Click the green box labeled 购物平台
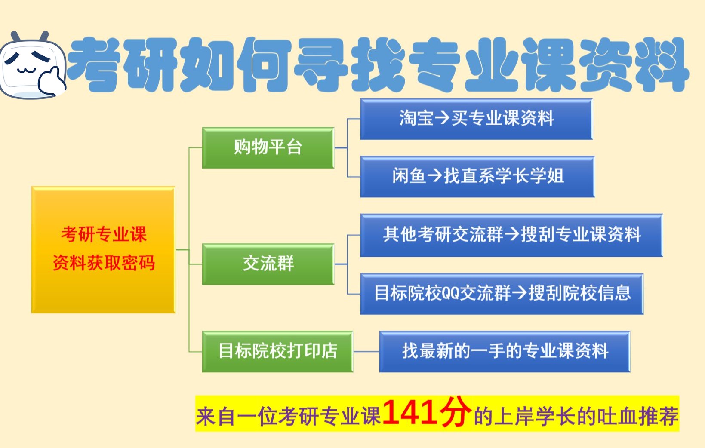268,147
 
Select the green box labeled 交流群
268,264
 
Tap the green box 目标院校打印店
277,351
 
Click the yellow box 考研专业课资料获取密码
103,249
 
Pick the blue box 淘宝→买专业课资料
476,119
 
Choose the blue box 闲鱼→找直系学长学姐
477,176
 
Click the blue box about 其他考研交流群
511,235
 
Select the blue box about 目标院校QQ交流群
502,293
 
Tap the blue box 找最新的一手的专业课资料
505,351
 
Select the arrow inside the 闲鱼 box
434,176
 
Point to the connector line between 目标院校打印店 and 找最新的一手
366,351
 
